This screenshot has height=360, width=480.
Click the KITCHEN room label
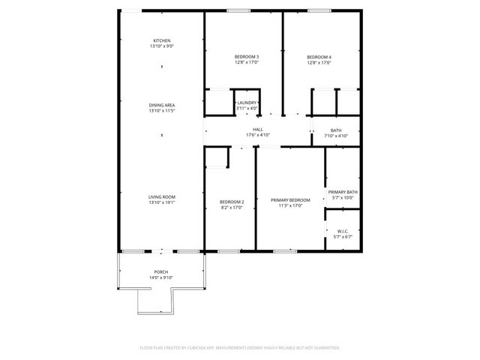coord(161,40)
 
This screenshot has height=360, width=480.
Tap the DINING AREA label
coord(161,106)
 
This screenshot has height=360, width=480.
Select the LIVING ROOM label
coord(161,196)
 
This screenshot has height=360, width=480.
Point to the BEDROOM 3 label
coord(246,57)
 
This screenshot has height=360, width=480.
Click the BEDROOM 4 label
coord(319,57)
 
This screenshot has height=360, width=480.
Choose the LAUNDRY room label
coord(247,103)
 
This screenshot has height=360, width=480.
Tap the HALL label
coord(257,129)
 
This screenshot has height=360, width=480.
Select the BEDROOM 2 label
coord(231,201)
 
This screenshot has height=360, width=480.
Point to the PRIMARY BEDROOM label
coord(290,199)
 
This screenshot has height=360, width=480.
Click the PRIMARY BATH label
coord(342,192)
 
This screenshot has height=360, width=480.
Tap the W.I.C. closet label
coord(342,231)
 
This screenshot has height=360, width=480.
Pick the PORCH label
coord(161,271)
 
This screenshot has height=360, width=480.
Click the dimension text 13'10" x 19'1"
coord(161,202)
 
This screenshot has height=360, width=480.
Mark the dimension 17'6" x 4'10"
coord(257,135)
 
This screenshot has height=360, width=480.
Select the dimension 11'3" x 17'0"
coord(290,205)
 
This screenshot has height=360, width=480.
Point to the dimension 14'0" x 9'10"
coord(161,277)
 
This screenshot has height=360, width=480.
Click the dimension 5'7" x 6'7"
coord(342,237)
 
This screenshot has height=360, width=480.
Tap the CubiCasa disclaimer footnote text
coord(240,348)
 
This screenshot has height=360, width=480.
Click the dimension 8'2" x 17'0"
coord(231,207)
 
